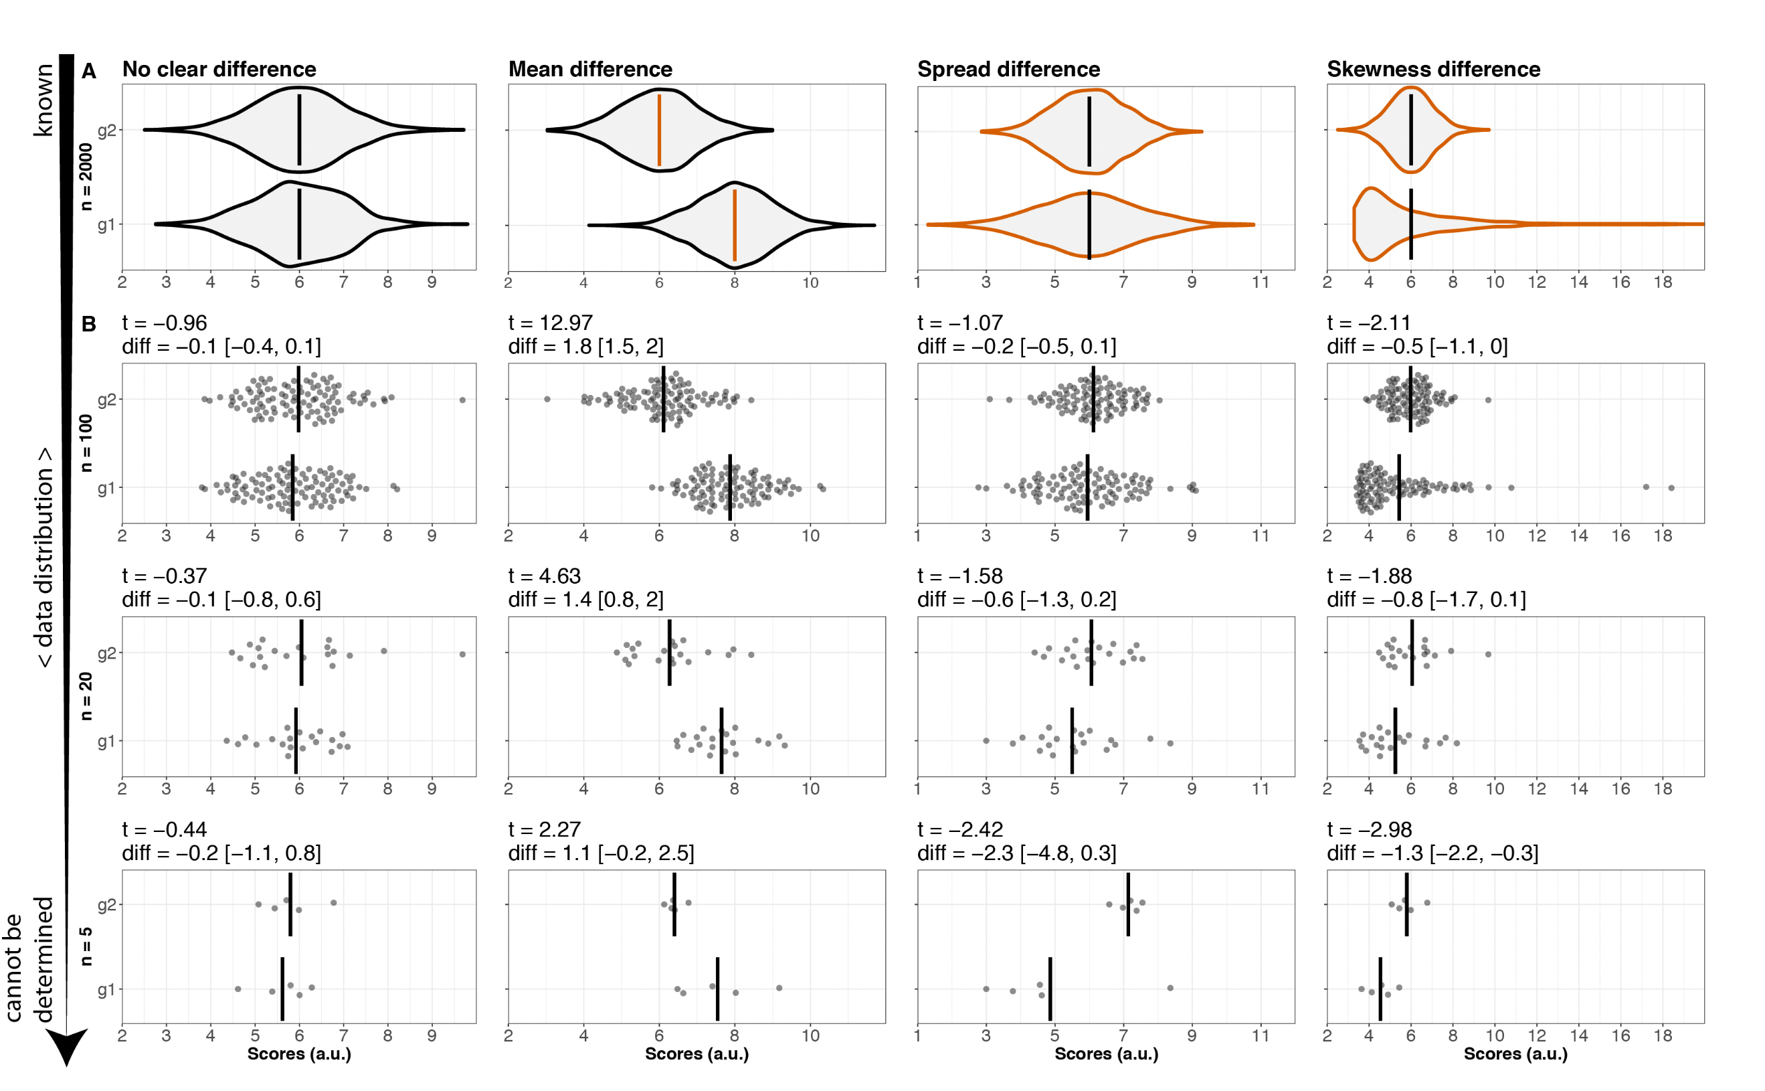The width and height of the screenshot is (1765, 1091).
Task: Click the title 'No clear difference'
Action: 219,69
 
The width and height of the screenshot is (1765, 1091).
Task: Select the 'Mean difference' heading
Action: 589,69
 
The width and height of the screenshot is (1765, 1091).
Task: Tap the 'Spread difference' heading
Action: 1008,69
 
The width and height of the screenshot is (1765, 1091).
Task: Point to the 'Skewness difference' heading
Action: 1432,69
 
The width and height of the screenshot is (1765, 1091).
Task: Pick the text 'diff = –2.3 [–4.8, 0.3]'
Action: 1016,853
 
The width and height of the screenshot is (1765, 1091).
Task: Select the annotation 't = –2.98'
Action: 1369,829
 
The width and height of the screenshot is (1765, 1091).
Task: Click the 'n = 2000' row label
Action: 86,176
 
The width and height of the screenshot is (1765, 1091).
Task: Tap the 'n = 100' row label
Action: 86,442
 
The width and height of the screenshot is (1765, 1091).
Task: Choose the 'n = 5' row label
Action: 86,945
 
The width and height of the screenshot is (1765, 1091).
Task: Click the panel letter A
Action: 89,71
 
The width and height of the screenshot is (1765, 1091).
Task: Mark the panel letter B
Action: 89,324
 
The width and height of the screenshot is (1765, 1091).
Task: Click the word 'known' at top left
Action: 43,100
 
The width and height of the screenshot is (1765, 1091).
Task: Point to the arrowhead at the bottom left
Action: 66,1046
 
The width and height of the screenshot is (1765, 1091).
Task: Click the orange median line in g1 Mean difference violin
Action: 734,224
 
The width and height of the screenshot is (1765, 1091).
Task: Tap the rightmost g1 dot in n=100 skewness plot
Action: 1671,488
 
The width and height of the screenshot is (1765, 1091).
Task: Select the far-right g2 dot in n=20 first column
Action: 462,655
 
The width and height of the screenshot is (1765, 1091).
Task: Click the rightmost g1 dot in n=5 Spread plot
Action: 1170,988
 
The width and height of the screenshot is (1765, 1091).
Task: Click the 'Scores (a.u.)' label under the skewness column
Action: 1515,1054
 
